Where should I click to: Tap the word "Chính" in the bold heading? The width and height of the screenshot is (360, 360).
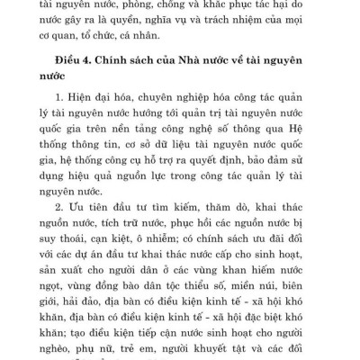tap(129, 60)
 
